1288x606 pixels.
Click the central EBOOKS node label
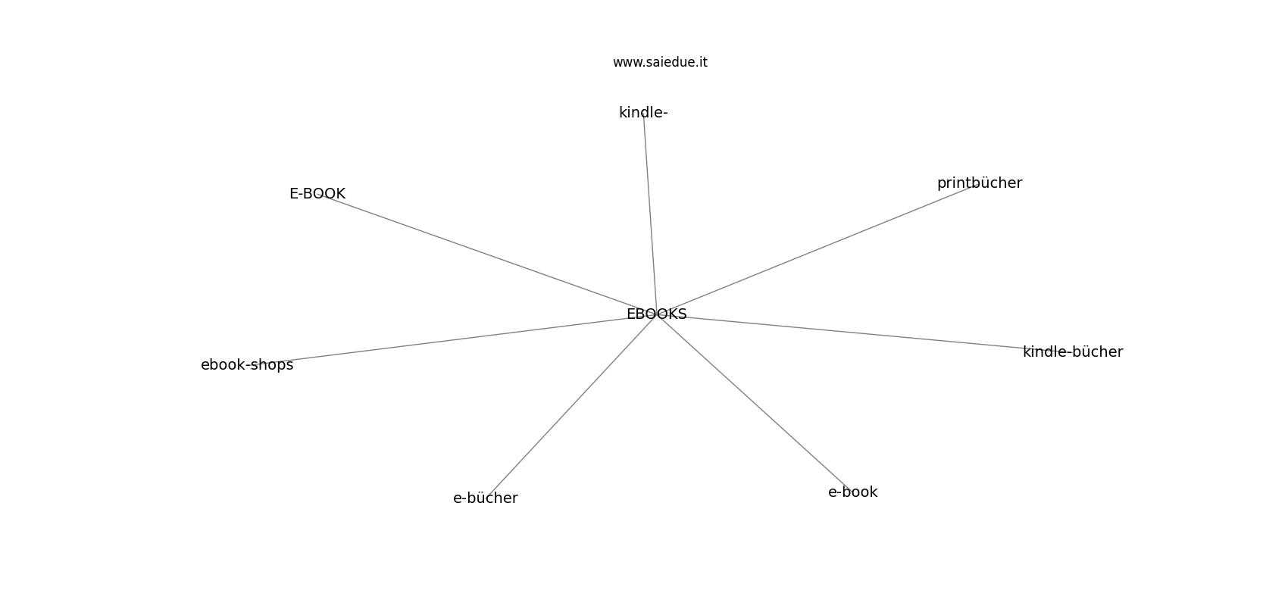click(656, 314)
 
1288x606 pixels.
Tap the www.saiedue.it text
click(660, 62)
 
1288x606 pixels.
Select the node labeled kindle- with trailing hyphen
click(643, 113)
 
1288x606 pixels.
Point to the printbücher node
click(980, 183)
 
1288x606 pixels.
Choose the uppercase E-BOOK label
click(317, 194)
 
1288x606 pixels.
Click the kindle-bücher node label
click(1073, 352)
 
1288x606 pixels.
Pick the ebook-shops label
click(247, 365)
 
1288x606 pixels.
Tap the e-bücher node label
click(486, 498)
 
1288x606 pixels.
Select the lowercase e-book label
click(852, 492)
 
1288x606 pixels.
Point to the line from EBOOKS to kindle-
click(650, 214)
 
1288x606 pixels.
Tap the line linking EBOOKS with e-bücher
click(571, 406)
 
